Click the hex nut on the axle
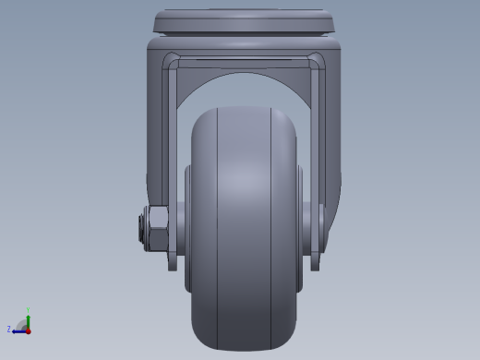coord(156,229)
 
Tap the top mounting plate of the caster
coord(244,21)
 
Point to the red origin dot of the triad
coord(28,330)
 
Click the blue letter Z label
coord(9,329)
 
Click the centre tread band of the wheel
coord(244,231)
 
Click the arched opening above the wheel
coord(244,88)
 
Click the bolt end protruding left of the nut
coord(141,229)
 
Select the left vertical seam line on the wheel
coord(217,231)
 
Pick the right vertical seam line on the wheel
coord(271,231)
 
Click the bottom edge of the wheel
coord(244,349)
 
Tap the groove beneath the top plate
coord(244,36)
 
